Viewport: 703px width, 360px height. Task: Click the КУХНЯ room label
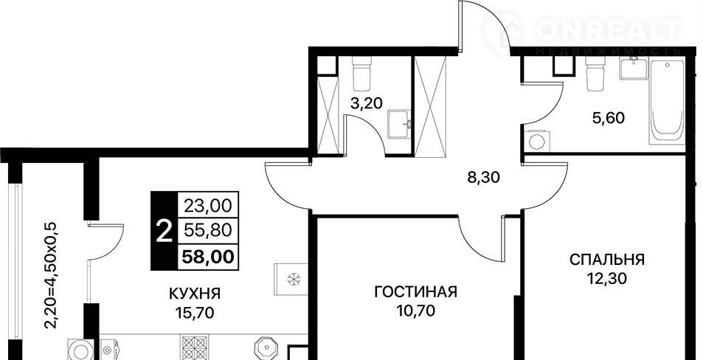click(x=195, y=294)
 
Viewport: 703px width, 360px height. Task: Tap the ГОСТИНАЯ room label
click(x=415, y=292)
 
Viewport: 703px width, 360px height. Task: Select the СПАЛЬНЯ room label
click(x=607, y=260)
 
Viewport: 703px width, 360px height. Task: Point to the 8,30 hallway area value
click(x=484, y=178)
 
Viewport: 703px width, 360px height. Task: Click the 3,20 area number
click(x=367, y=103)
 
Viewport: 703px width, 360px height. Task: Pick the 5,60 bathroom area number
click(x=608, y=118)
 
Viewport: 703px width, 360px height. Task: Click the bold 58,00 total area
click(x=208, y=257)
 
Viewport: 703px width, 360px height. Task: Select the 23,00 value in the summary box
click(x=209, y=206)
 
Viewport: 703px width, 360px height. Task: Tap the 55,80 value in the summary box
click(x=209, y=231)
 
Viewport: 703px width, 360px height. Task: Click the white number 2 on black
click(x=164, y=232)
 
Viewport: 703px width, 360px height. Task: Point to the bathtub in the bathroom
click(x=666, y=103)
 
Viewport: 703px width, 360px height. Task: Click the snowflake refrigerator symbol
click(x=293, y=280)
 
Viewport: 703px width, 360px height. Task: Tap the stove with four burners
click(x=195, y=348)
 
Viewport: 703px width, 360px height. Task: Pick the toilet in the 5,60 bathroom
click(x=596, y=72)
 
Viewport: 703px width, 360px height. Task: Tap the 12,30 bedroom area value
click(x=607, y=279)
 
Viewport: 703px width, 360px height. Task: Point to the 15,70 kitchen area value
click(x=195, y=313)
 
